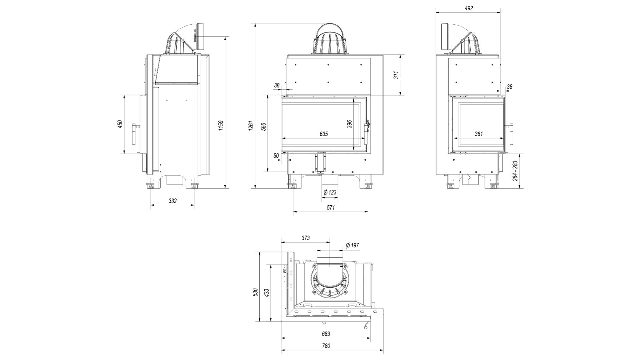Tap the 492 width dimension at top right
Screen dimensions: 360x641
pos(469,8)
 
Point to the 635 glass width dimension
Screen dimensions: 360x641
pos(324,134)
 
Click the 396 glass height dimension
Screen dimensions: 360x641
pos(349,124)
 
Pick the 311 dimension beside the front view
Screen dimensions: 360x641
pos(396,75)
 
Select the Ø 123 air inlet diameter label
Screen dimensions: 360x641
pos(330,192)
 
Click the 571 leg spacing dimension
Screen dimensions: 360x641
pos(330,208)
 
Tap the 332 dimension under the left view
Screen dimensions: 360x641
pos(172,201)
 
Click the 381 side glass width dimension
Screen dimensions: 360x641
pos(478,134)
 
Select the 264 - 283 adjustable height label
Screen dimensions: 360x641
pos(515,171)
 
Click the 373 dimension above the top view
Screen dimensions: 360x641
pos(305,238)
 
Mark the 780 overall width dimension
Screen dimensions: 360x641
pos(326,346)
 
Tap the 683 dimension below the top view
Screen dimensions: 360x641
pos(326,334)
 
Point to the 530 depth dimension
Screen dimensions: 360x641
pos(255,292)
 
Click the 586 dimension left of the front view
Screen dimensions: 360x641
pos(263,127)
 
